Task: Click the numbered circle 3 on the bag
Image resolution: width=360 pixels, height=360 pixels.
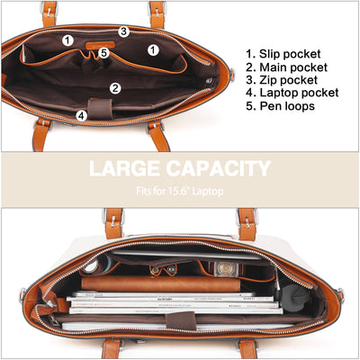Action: (124, 31)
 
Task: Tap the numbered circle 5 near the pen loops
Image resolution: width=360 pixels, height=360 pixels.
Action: (103, 53)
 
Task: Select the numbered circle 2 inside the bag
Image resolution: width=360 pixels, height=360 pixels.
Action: (115, 88)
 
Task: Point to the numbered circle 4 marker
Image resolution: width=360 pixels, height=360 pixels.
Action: (82, 116)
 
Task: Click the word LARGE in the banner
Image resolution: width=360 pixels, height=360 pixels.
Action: (124, 168)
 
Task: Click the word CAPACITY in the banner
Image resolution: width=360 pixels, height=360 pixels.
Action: (219, 168)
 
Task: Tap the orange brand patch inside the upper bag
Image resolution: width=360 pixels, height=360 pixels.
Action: (100, 45)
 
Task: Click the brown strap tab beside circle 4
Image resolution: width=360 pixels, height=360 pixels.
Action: (100, 109)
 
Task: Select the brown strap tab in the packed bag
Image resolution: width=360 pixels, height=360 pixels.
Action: (181, 321)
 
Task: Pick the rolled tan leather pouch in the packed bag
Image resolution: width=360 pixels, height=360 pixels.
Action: (161, 283)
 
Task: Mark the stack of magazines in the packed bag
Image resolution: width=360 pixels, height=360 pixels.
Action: (174, 302)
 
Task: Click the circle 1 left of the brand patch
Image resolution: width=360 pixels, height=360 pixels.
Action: (68, 40)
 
